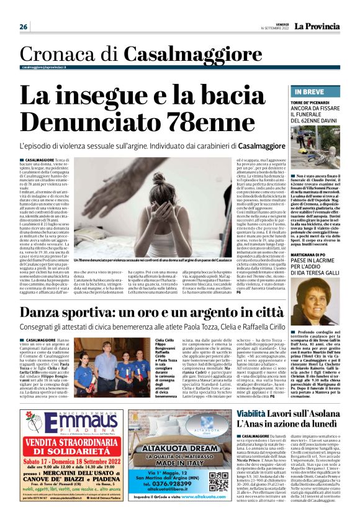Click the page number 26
point(24,27)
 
